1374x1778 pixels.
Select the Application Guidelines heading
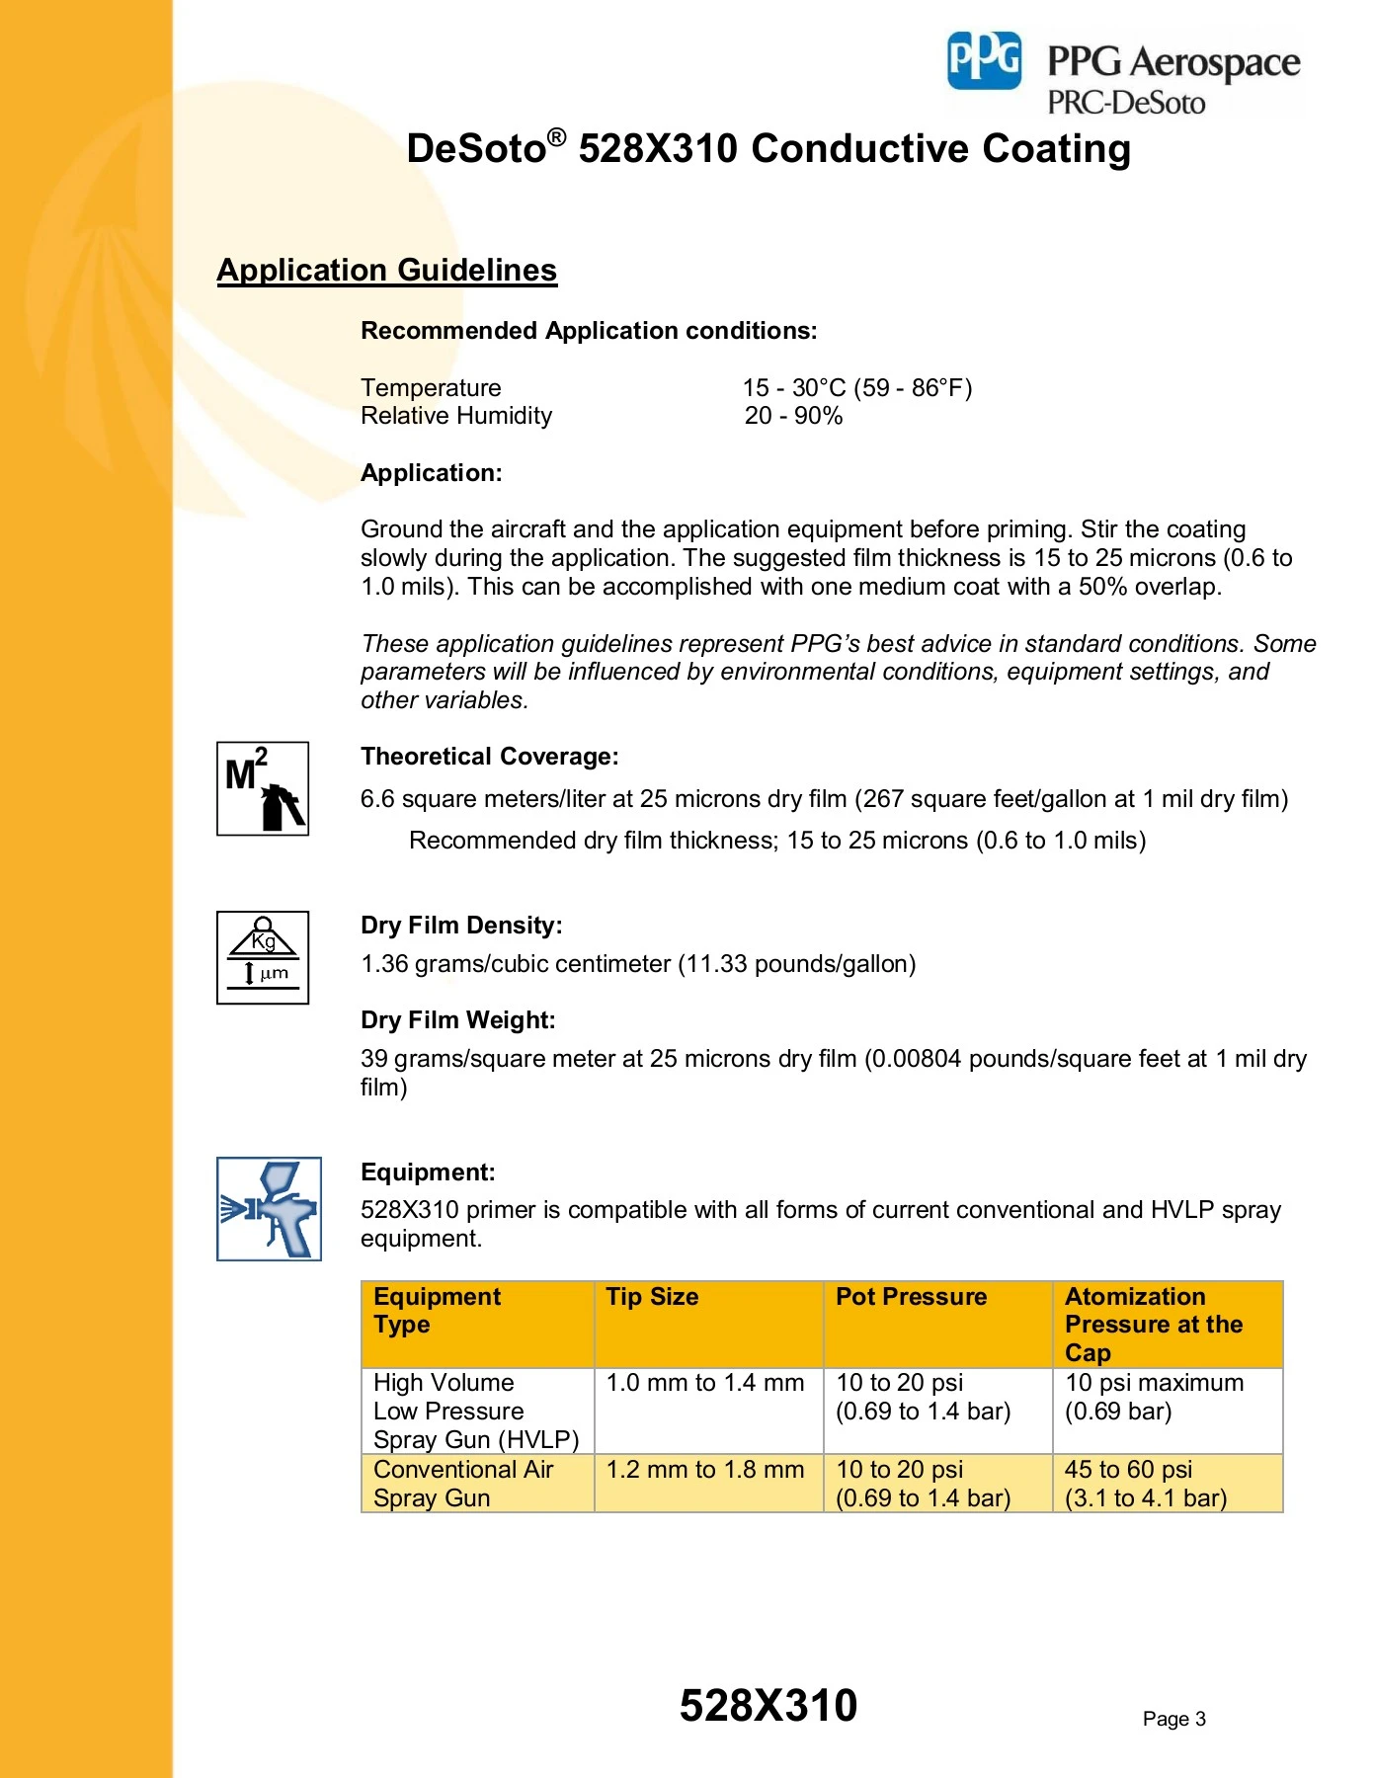tap(386, 270)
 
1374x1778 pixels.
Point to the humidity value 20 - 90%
tap(793, 416)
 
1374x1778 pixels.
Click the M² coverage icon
tap(263, 788)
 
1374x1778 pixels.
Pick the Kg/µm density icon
tap(263, 957)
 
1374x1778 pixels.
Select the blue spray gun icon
tap(269, 1208)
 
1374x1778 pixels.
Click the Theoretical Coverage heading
tap(489, 757)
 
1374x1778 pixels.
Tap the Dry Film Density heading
tap(461, 926)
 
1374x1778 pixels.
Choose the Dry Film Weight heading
tap(457, 1020)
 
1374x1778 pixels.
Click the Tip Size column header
tap(652, 1297)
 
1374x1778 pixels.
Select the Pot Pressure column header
tap(911, 1297)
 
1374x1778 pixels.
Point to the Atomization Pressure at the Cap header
tap(1153, 1325)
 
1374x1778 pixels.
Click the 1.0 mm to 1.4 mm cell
tap(705, 1383)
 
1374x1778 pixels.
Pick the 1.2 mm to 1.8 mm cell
tap(705, 1470)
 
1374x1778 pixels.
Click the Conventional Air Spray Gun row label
tap(462, 1484)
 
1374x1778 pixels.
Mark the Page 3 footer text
tap(1173, 1719)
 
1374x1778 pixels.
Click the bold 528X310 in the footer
tap(768, 1706)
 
